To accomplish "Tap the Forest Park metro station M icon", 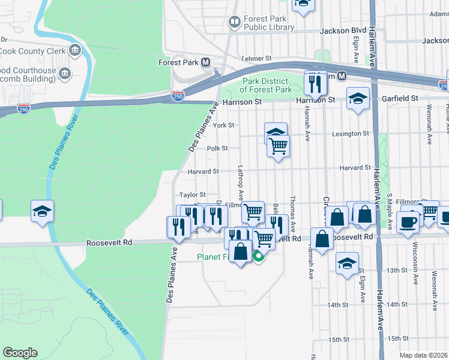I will tap(205, 62).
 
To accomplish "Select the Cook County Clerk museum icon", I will tap(75, 49).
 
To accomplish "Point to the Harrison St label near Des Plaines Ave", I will tap(243, 103).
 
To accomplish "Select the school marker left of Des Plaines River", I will tap(43, 211).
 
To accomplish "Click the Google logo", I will tap(20, 353).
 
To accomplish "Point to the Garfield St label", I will tap(403, 98).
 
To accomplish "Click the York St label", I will tap(223, 125).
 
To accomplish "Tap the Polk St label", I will tap(217, 148).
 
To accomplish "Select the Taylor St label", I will tap(193, 195).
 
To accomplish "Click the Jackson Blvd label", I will tap(343, 31).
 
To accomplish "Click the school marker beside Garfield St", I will tap(358, 98).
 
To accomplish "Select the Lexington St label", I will tap(350, 134).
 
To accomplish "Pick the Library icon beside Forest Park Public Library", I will tap(234, 23).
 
